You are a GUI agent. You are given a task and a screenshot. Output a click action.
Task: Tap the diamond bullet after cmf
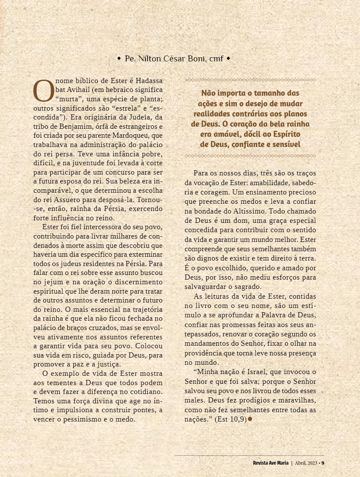pyautogui.click(x=228, y=58)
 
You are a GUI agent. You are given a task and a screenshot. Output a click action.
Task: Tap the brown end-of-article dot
pyautogui.click(x=250, y=419)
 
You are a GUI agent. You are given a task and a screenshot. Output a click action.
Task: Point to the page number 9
pyautogui.click(x=323, y=463)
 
